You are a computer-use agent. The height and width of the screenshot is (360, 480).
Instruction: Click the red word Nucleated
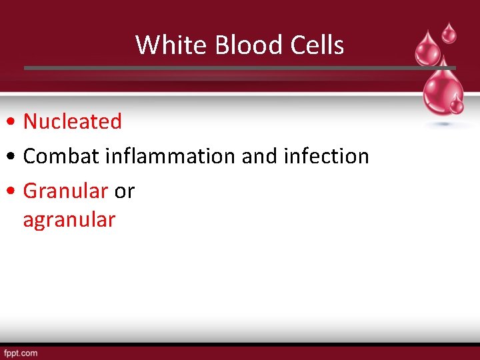(x=73, y=121)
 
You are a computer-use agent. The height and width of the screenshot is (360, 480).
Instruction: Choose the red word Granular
(x=65, y=191)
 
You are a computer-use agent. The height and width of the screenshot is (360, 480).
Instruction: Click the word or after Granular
(x=125, y=191)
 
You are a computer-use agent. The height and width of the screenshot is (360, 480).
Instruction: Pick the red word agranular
(x=69, y=219)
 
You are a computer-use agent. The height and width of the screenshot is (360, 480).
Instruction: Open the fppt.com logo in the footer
(x=21, y=353)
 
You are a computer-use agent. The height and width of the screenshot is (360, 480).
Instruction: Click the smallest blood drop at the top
(x=450, y=31)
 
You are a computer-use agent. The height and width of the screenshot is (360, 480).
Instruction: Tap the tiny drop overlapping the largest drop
(x=457, y=104)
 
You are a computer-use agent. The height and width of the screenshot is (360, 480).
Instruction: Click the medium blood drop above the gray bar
(x=427, y=49)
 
